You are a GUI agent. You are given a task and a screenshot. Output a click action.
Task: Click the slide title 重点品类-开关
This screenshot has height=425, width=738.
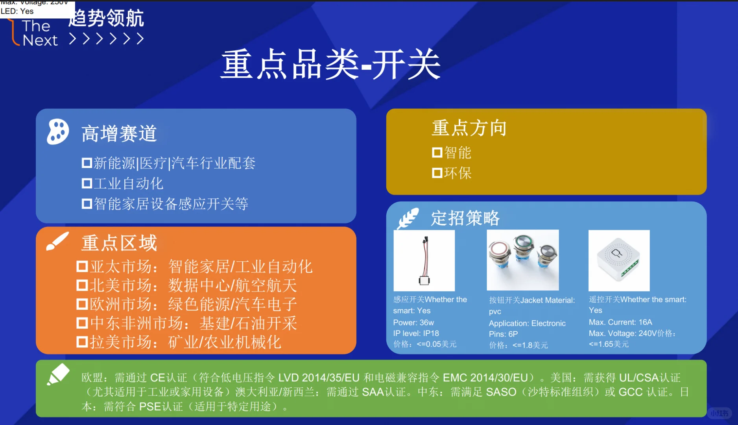click(330, 65)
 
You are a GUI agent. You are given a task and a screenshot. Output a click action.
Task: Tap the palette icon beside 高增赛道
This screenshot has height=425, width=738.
click(58, 131)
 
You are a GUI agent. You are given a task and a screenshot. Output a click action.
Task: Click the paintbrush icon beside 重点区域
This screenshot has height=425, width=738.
click(57, 241)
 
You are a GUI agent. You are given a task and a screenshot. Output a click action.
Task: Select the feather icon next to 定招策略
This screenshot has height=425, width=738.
click(408, 219)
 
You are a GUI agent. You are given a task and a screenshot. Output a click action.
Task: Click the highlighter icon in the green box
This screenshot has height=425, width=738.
click(58, 374)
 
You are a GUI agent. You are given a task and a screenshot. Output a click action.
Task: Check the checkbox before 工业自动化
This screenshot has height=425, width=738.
click(87, 183)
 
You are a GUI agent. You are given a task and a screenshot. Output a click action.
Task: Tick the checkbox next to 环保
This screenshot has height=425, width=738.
click(437, 173)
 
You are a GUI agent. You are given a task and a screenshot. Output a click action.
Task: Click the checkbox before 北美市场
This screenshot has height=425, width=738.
click(82, 285)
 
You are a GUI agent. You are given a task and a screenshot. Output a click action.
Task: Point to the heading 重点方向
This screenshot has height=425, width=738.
click(469, 128)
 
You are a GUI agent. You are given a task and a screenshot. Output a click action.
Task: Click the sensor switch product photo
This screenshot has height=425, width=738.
click(424, 261)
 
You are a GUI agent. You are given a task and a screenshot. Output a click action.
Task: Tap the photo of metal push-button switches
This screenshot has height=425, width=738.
click(522, 260)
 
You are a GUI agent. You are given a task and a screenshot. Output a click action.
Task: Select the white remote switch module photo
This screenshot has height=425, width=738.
click(619, 261)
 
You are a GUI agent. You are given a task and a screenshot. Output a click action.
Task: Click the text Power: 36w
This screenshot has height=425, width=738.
click(413, 323)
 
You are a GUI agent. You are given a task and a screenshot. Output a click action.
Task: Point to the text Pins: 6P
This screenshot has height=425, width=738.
click(503, 334)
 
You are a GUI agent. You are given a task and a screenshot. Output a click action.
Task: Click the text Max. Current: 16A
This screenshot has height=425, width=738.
click(620, 322)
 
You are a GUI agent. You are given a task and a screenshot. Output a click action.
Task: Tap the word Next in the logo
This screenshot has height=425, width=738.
click(40, 40)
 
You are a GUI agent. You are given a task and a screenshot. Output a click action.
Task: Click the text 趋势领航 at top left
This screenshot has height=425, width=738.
click(106, 18)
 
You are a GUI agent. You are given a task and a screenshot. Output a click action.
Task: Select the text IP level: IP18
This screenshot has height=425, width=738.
click(416, 333)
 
